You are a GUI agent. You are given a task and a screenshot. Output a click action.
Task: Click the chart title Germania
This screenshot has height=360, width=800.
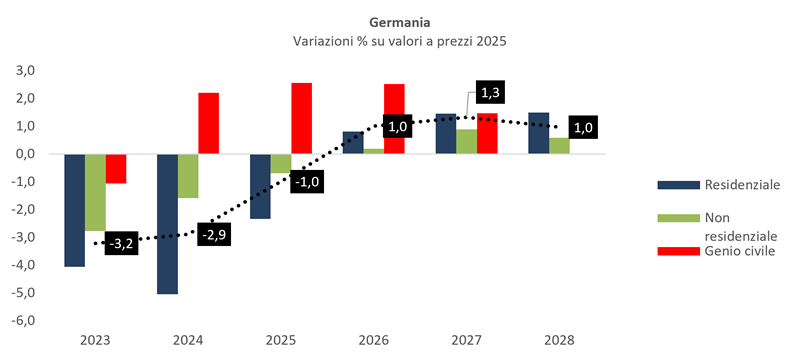click(x=399, y=23)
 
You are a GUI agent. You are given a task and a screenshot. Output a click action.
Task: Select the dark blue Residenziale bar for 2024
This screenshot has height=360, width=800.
click(x=167, y=224)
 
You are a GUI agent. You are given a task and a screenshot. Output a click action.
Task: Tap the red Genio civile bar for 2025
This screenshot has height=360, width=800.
click(x=302, y=118)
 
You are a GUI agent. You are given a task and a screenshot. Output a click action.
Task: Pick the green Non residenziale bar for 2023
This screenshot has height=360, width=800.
click(x=95, y=192)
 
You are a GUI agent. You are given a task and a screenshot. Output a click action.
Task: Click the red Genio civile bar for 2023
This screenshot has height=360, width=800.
click(x=116, y=168)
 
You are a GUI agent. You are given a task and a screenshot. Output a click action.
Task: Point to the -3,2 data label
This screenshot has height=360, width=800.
click(x=121, y=244)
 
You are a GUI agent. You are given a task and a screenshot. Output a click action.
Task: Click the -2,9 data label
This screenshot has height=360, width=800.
click(x=214, y=235)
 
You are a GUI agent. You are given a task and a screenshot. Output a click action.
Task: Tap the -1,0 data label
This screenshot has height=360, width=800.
click(x=307, y=182)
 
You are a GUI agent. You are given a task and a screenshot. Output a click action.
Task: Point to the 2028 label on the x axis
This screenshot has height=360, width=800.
click(x=559, y=341)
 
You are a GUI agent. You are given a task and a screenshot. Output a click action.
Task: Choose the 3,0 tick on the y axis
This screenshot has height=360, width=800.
click(x=38, y=70)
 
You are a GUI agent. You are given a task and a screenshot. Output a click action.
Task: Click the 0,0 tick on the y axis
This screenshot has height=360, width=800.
click(x=38, y=154)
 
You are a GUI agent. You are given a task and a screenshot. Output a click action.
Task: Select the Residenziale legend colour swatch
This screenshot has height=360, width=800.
click(x=679, y=185)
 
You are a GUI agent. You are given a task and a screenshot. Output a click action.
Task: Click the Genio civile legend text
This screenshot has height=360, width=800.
click(x=740, y=251)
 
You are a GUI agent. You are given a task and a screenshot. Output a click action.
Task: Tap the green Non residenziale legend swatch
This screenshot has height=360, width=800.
click(x=679, y=218)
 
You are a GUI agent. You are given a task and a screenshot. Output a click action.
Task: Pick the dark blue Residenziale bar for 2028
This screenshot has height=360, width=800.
click(x=538, y=133)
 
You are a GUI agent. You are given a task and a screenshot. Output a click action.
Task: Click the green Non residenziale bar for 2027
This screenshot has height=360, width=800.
click(x=466, y=142)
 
